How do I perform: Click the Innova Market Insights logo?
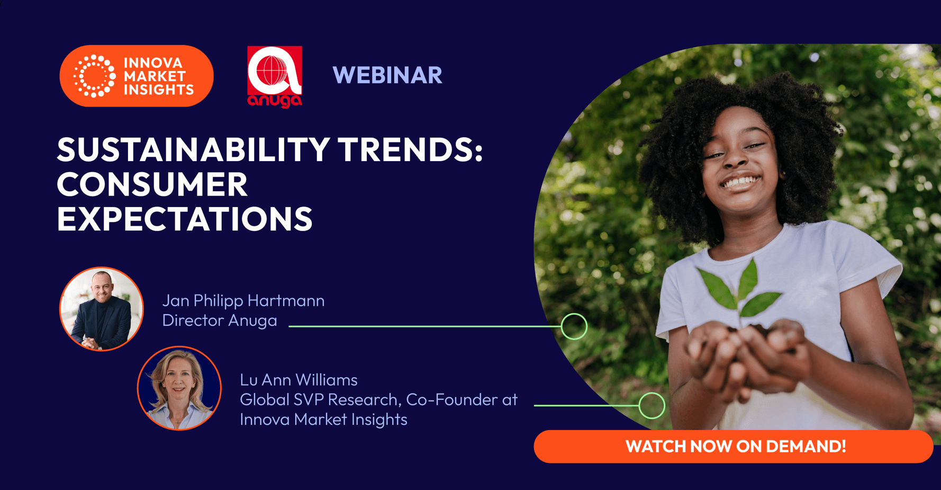tap(137, 76)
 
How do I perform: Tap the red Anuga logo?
tap(275, 77)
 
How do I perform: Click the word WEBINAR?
tap(387, 75)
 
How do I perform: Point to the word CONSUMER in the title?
tap(152, 184)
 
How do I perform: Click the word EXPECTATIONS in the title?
tap(185, 219)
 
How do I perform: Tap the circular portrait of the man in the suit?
tap(102, 309)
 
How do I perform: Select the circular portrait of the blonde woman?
tap(179, 388)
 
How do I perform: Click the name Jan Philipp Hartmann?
tap(243, 301)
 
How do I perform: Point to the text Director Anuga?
tap(220, 320)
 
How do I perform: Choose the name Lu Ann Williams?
tap(298, 380)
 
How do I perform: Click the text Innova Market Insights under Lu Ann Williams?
tap(323, 420)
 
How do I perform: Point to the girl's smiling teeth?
tap(741, 182)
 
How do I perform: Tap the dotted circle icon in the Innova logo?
tap(94, 76)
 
